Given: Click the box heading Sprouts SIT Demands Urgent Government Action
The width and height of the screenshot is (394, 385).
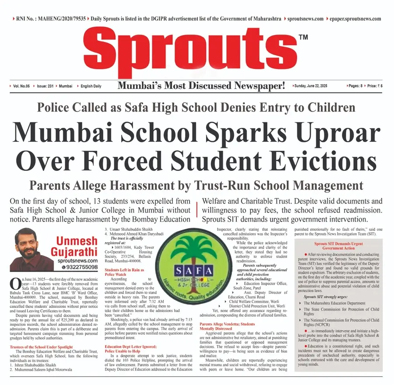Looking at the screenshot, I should pyautogui.click(x=338, y=245).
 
